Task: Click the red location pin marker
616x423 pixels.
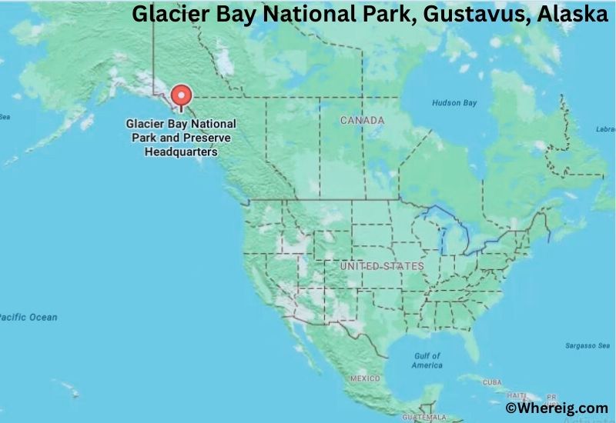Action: click(x=181, y=95)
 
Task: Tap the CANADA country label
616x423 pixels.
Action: click(x=362, y=121)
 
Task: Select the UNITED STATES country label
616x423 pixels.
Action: click(x=382, y=266)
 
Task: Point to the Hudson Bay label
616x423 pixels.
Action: click(x=454, y=102)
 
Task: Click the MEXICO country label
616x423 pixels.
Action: click(x=365, y=379)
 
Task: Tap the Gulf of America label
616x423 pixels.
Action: click(x=427, y=361)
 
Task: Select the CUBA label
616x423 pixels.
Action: click(x=492, y=382)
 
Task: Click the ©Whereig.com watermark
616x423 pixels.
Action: click(x=556, y=408)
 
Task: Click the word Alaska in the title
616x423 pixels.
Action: click(x=571, y=15)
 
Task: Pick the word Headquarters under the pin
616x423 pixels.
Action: click(x=181, y=152)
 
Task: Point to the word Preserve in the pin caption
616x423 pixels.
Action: click(x=198, y=138)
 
